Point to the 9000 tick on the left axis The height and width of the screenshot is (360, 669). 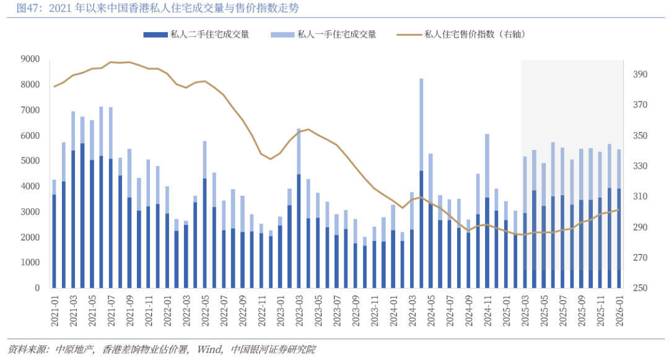pyautogui.click(x=30, y=59)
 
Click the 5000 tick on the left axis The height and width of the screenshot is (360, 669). pyautogui.click(x=30, y=161)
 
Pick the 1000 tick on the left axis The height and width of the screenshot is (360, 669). pyautogui.click(x=30, y=263)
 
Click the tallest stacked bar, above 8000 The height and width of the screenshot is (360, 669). pyautogui.click(x=421, y=186)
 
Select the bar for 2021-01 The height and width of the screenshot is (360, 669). pyautogui.click(x=55, y=235)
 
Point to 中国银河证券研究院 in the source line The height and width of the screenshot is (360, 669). pyautogui.click(x=273, y=349)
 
